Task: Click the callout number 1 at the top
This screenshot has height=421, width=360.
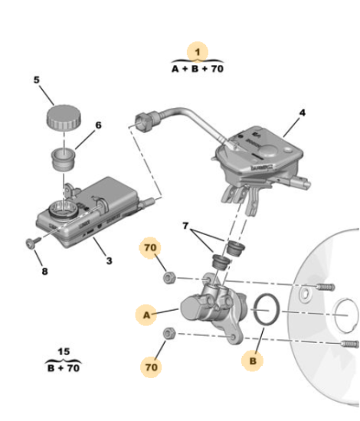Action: pos(198,52)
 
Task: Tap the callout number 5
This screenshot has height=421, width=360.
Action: pos(37,80)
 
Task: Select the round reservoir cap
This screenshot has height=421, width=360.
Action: pos(64,117)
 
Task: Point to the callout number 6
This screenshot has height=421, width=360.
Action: pos(99,125)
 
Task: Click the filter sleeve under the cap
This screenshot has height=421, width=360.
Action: pos(64,159)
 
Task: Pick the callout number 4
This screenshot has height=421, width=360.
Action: pos(303,113)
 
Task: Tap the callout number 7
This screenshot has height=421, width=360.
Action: pos(185,226)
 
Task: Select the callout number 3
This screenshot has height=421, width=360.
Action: pos(109,261)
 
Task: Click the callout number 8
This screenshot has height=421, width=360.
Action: pos(45,272)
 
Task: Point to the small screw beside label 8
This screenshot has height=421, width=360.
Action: pos(34,242)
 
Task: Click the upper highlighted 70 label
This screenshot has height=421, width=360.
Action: pos(150,247)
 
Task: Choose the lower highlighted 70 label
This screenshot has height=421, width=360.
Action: pos(151,367)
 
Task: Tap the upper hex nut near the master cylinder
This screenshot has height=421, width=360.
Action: pos(169,278)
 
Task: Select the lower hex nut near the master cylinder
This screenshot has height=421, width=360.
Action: pos(169,333)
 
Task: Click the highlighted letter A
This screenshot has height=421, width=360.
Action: pos(146,315)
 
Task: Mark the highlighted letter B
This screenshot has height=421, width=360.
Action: pos(253,361)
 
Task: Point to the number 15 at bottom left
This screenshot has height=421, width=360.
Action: pos(64,351)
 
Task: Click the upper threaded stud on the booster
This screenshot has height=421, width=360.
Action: pos(326,287)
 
